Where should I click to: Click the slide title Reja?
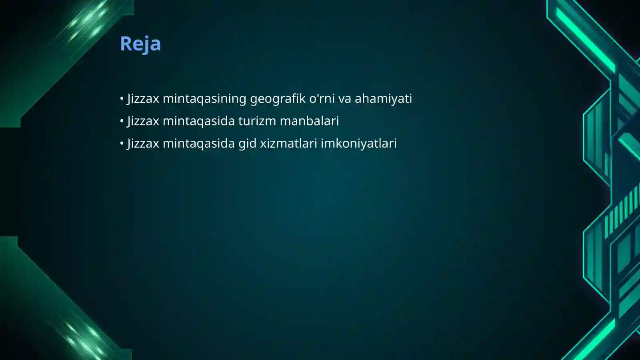140,44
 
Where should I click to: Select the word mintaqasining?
204,99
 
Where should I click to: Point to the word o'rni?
322,98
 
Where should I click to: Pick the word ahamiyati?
383,99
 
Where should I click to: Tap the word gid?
247,143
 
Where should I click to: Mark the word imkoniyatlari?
358,143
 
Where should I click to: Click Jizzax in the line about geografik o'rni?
143,99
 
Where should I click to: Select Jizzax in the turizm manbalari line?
143,121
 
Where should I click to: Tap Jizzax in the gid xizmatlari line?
143,144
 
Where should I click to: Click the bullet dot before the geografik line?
122,98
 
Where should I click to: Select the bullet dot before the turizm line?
122,121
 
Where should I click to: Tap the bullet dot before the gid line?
122,143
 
